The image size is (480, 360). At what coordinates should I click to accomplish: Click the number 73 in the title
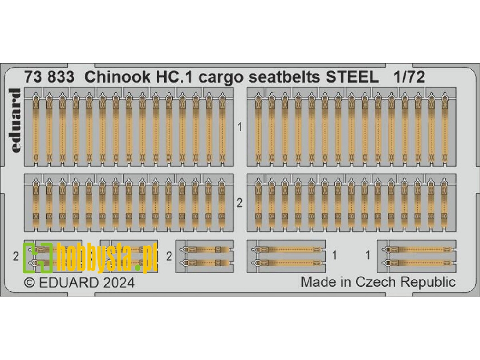[38, 77]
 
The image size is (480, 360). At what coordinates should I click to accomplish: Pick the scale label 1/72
[408, 77]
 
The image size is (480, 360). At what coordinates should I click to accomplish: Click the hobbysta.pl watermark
[90, 257]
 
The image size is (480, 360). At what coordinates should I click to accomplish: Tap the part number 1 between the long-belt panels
[240, 127]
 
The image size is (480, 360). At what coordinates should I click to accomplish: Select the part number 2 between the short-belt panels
[240, 203]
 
